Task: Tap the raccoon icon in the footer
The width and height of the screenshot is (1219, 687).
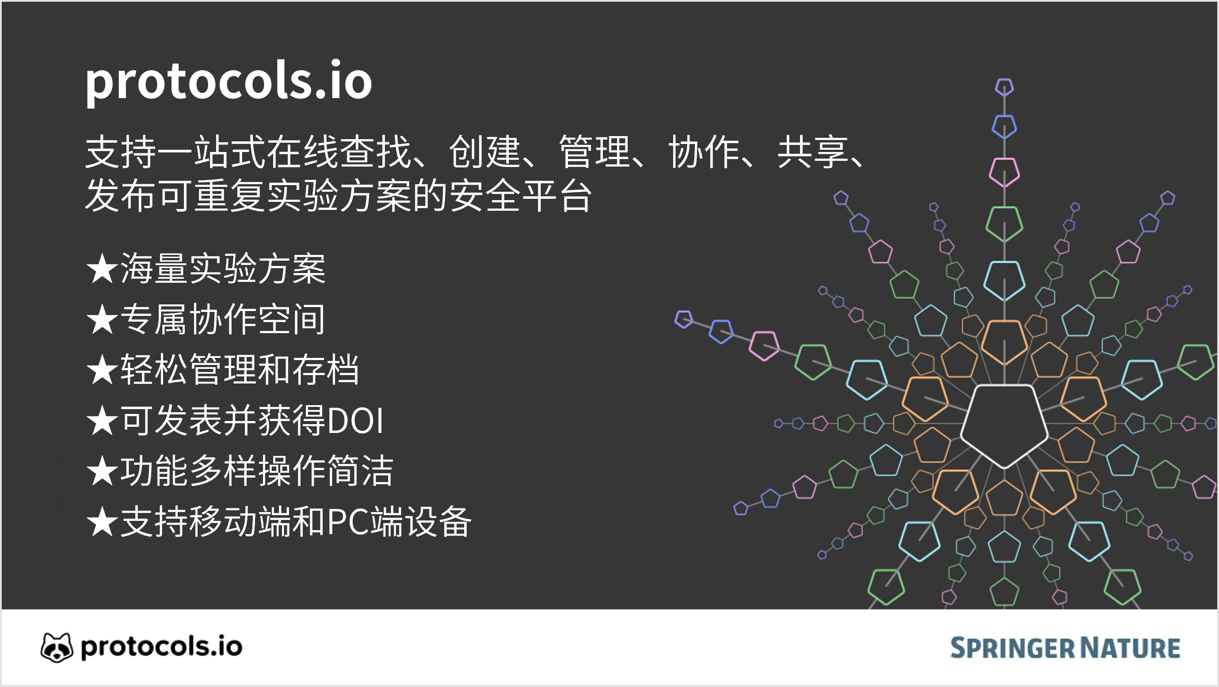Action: click(x=57, y=647)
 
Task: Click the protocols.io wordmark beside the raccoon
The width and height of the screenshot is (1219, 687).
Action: click(x=161, y=647)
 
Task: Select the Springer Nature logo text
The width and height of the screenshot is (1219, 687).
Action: click(x=1065, y=648)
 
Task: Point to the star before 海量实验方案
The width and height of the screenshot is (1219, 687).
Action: click(x=102, y=268)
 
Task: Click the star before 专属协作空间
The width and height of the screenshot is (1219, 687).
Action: click(x=102, y=319)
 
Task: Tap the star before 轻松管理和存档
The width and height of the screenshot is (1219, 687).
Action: click(x=102, y=369)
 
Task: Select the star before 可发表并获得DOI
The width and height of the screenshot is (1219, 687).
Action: click(x=102, y=421)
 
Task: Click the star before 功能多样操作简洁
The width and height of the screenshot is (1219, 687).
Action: click(x=102, y=471)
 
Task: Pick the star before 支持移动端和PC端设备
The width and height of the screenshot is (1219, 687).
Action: click(x=102, y=522)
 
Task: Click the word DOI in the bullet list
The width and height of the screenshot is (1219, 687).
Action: click(x=355, y=421)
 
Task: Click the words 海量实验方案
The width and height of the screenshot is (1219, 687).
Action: click(x=223, y=268)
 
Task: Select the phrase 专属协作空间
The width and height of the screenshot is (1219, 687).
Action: click(x=223, y=319)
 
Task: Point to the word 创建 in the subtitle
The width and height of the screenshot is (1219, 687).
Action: click(x=484, y=152)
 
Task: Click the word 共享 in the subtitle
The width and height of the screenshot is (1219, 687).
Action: click(x=812, y=152)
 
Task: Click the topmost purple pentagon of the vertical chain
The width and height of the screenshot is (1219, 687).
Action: click(x=1004, y=87)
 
